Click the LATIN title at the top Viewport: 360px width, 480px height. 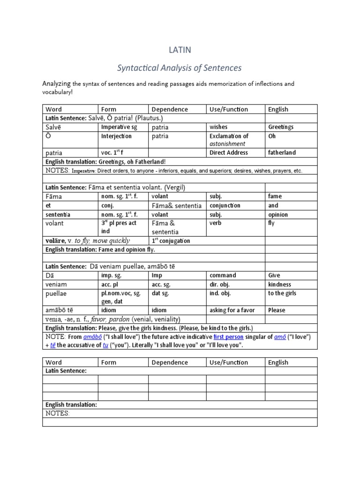pyautogui.click(x=180, y=50)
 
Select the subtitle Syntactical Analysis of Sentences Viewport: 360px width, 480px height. pyautogui.click(x=180, y=68)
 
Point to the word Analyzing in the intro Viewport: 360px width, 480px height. pyautogui.click(x=56, y=84)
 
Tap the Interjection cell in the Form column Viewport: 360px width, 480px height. pyautogui.click(x=117, y=136)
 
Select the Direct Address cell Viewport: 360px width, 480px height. pyautogui.click(x=229, y=153)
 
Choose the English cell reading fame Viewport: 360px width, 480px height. pyautogui.click(x=275, y=196)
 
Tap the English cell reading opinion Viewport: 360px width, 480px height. pyautogui.click(x=278, y=215)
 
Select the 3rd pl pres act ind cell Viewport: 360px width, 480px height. pyautogui.click(x=119, y=227)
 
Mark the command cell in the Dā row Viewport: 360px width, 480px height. pyautogui.click(x=223, y=276)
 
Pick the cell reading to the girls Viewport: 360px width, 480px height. pyautogui.click(x=282, y=293)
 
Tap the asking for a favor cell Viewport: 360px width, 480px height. pyautogui.click(x=234, y=310)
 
